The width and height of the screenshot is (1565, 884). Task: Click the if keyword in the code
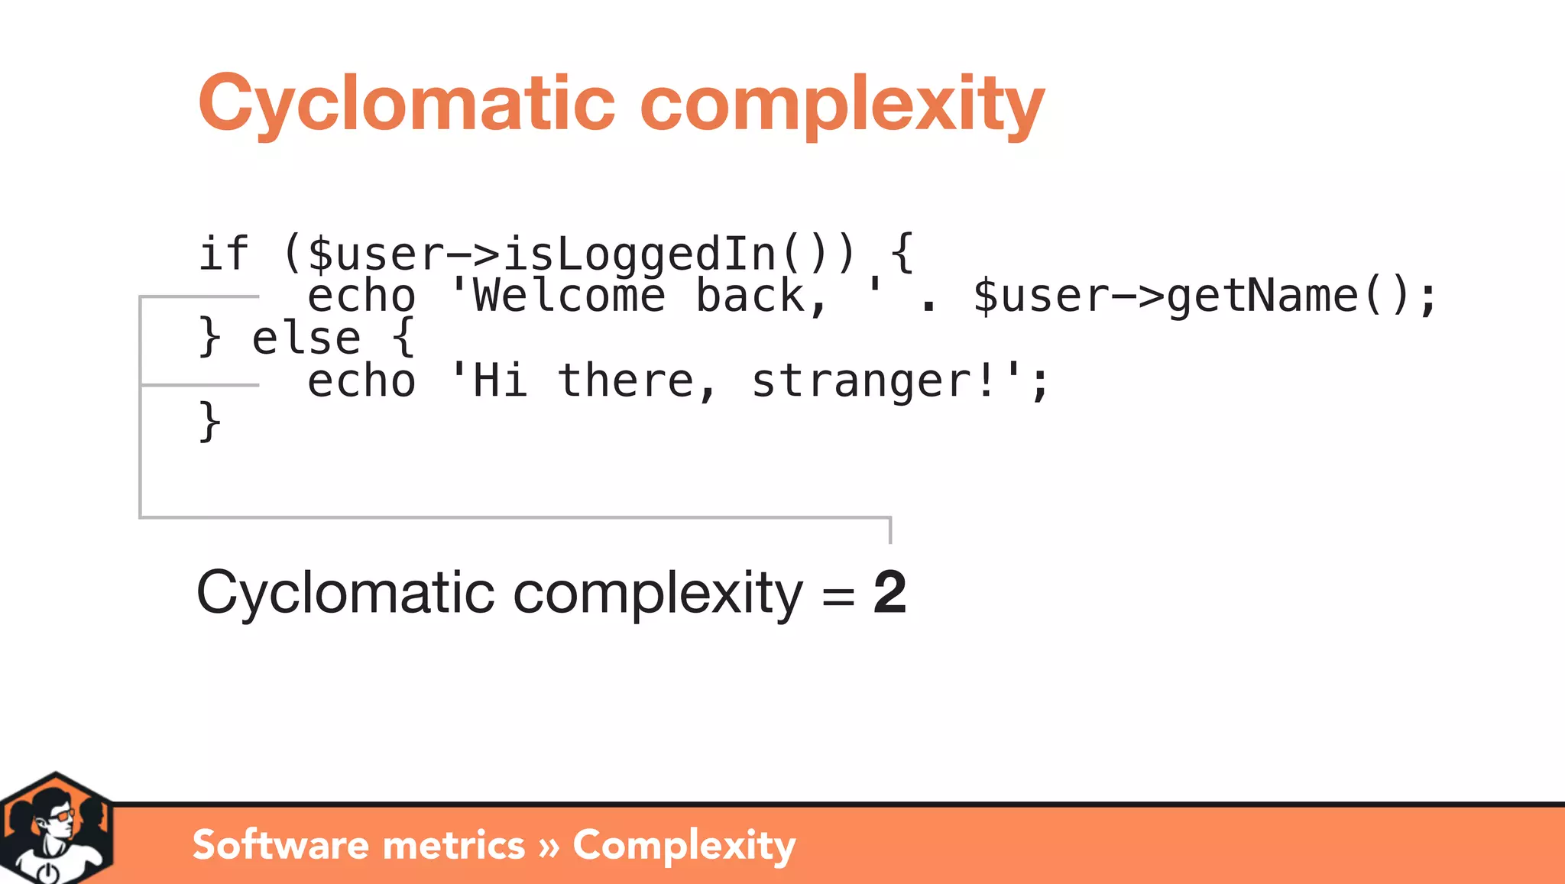pyautogui.click(x=223, y=254)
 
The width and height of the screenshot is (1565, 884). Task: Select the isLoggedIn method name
pyautogui.click(x=639, y=254)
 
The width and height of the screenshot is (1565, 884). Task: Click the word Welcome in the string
pyautogui.click(x=569, y=296)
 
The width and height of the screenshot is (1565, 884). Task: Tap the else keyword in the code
pyautogui.click(x=306, y=338)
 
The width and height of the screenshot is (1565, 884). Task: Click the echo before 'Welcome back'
pyautogui.click(x=361, y=296)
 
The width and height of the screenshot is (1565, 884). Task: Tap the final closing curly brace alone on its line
pyautogui.click(x=209, y=422)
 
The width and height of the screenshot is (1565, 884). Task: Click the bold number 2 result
pyautogui.click(x=890, y=592)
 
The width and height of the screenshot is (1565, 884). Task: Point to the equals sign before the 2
pyautogui.click(x=838, y=594)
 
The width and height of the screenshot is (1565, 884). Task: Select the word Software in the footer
pyautogui.click(x=280, y=845)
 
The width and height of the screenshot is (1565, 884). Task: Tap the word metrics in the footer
pyautogui.click(x=454, y=845)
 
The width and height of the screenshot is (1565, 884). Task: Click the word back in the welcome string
pyautogui.click(x=751, y=296)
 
